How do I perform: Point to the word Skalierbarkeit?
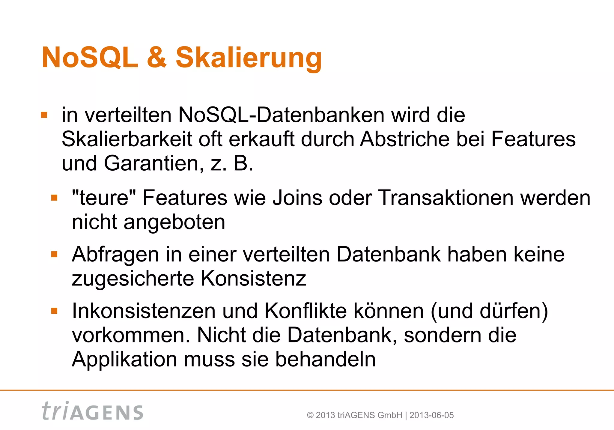[127, 139]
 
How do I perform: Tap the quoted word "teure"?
[104, 198]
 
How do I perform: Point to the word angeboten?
[174, 222]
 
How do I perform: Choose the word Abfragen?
[115, 255]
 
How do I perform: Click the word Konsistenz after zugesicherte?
[253, 279]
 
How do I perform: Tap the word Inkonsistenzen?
[144, 311]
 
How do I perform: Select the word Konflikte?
[306, 311]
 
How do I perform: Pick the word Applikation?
[124, 359]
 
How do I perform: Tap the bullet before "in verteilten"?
[44, 115]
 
